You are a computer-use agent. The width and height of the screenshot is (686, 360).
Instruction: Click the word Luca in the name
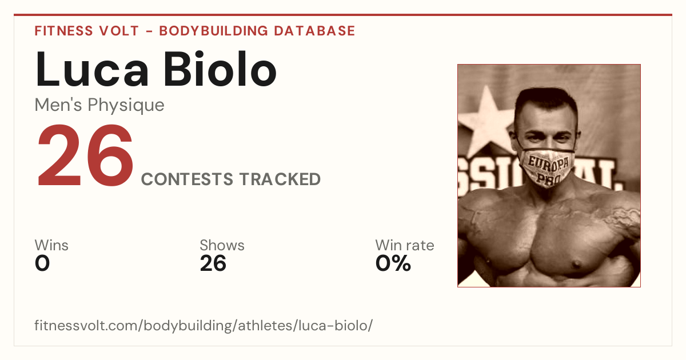coord(92,70)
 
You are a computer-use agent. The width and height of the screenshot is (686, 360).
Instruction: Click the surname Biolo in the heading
coord(220,69)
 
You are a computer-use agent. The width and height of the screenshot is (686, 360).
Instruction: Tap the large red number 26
coord(85,155)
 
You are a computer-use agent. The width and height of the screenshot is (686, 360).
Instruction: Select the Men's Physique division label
coord(99,105)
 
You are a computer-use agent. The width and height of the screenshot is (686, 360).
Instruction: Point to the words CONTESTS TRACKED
coord(230,179)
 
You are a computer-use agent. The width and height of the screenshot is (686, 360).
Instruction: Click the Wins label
coord(51,245)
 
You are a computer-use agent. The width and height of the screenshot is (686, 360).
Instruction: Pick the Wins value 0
coord(42,263)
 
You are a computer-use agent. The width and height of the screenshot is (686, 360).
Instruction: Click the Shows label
coord(222,245)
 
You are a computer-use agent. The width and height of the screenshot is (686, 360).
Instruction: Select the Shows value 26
coord(213,263)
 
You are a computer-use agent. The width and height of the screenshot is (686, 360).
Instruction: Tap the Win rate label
coord(405,245)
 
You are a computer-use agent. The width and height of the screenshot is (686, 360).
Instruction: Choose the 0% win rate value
coord(393,263)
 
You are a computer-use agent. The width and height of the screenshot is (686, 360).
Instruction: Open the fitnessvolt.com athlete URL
coord(204,325)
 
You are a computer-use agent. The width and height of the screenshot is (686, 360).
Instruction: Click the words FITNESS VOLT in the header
coord(87,31)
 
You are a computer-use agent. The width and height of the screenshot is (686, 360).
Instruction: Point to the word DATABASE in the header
coord(314,31)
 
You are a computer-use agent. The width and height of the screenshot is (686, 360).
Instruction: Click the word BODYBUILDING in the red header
coord(214,31)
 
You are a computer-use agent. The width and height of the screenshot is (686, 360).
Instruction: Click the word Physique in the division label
coord(126,106)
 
